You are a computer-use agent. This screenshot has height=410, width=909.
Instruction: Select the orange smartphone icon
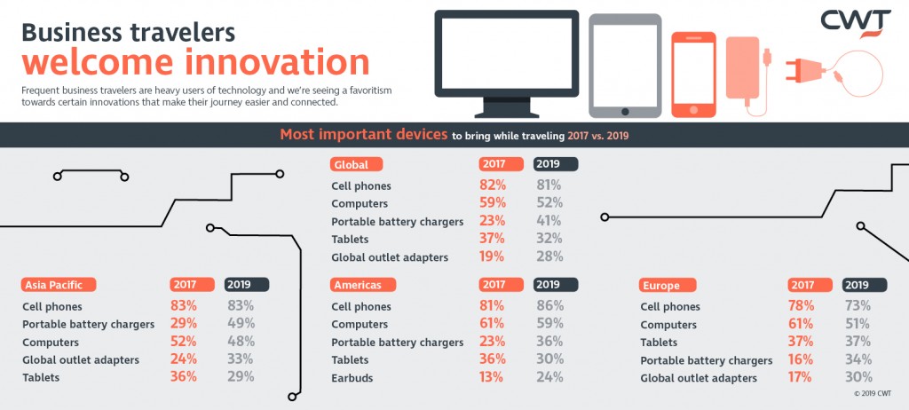[x=693, y=75]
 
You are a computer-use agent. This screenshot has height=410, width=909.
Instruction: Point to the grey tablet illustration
[x=625, y=65]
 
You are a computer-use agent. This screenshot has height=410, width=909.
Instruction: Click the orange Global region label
[x=358, y=164]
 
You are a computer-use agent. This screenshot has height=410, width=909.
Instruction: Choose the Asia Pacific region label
[x=58, y=285]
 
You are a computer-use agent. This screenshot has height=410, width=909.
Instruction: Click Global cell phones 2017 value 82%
[x=493, y=185]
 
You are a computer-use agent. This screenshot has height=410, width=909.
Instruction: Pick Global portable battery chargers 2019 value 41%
[x=548, y=221]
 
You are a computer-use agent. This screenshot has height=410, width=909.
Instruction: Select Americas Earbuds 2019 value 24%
[x=548, y=377]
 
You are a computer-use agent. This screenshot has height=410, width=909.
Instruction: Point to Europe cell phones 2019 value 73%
[x=857, y=306]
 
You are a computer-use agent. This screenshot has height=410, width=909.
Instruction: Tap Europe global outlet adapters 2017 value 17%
[x=802, y=377]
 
